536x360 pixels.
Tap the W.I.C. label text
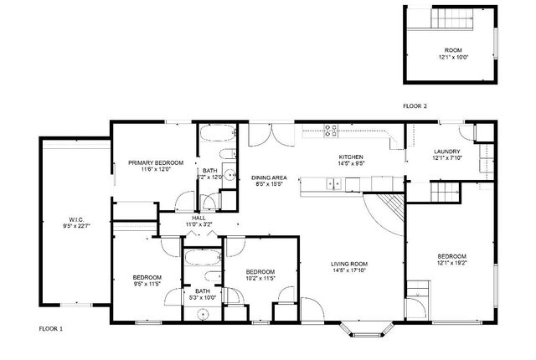click(x=75, y=219)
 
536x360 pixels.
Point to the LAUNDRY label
click(x=446, y=151)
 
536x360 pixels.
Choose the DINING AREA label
click(x=269, y=177)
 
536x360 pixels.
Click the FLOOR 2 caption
click(x=415, y=106)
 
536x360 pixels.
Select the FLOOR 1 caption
click(x=50, y=328)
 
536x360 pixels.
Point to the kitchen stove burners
click(x=331, y=130)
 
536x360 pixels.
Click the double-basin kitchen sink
click(x=334, y=184)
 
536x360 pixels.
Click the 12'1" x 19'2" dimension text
click(x=451, y=263)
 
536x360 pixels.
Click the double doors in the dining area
click(x=269, y=135)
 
